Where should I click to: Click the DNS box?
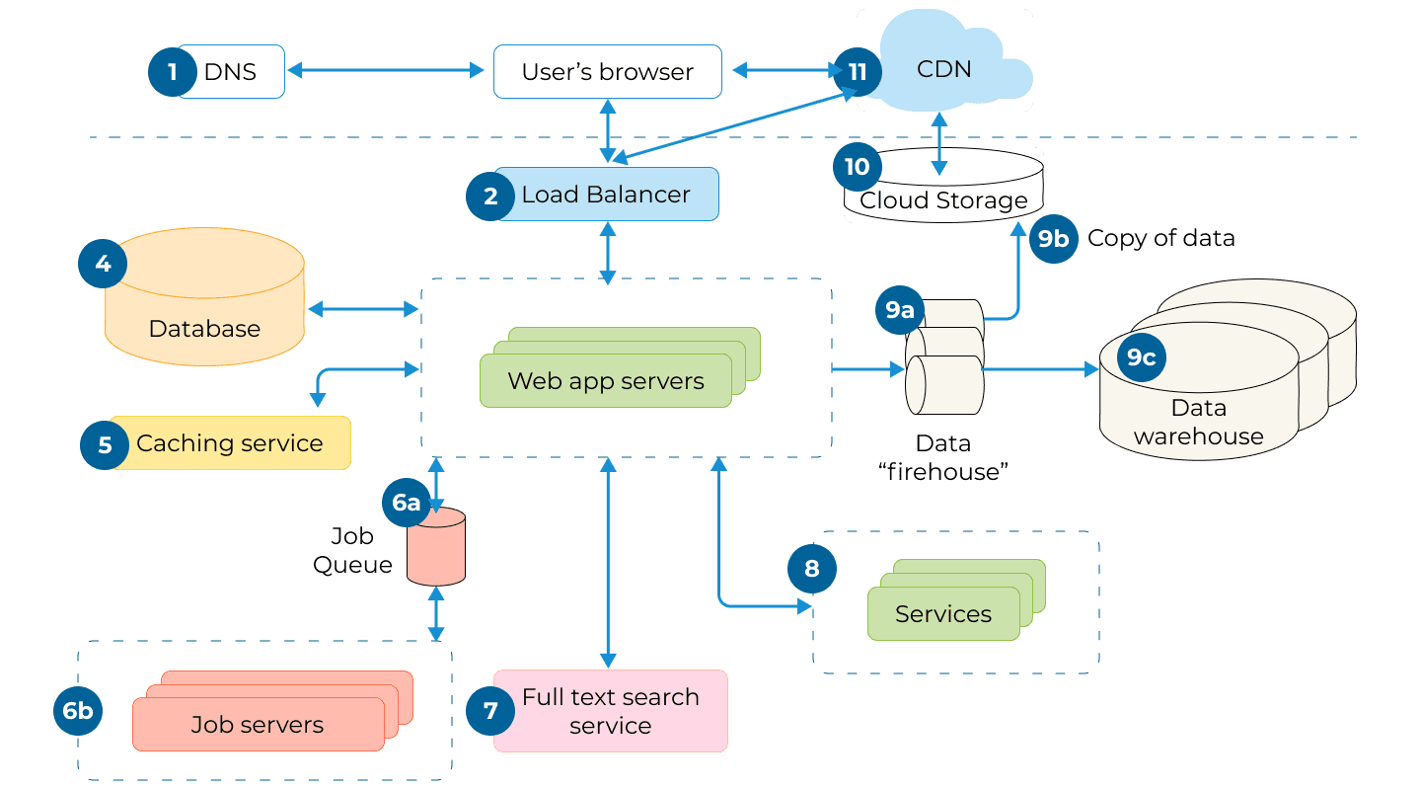pyautogui.click(x=230, y=71)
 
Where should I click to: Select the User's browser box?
pyautogui.click(x=607, y=72)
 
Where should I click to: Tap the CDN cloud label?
pyautogui.click(x=943, y=69)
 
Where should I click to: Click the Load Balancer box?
pyautogui.click(x=606, y=195)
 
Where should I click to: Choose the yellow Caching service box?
pyautogui.click(x=230, y=443)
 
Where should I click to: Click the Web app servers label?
pyautogui.click(x=606, y=381)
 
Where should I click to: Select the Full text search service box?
pyautogui.click(x=610, y=711)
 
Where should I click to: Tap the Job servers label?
pyautogui.click(x=258, y=725)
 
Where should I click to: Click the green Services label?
pyautogui.click(x=942, y=614)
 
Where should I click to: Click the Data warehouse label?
pyautogui.click(x=1198, y=423)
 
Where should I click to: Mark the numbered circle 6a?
pyautogui.click(x=406, y=503)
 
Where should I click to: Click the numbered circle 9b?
pyautogui.click(x=1053, y=239)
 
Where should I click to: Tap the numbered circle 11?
pyautogui.click(x=857, y=72)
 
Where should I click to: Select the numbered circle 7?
pyautogui.click(x=490, y=711)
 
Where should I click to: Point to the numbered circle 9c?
pyautogui.click(x=1141, y=357)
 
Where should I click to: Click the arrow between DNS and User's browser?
pyautogui.click(x=389, y=70)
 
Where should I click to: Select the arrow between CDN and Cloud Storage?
pyautogui.click(x=938, y=143)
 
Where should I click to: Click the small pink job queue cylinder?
pyautogui.click(x=436, y=547)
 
